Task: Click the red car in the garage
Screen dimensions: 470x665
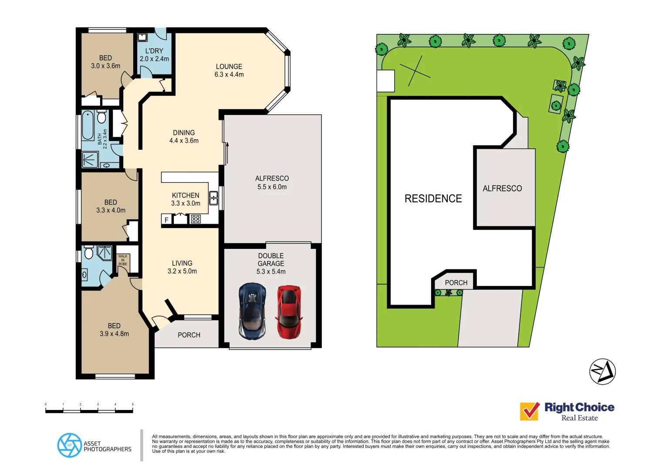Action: point(289,312)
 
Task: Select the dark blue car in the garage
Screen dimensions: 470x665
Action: point(252,311)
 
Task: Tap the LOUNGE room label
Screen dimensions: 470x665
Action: point(229,67)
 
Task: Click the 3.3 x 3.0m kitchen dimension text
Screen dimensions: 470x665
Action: point(186,203)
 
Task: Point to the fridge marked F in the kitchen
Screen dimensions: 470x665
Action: point(166,220)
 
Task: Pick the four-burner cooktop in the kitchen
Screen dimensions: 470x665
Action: point(196,219)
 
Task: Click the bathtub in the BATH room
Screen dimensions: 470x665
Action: point(88,125)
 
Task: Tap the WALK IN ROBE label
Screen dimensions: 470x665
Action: point(123,260)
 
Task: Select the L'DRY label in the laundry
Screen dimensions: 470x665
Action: point(154,51)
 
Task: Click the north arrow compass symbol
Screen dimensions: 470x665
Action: point(602,372)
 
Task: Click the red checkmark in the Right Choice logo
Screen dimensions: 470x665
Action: point(530,411)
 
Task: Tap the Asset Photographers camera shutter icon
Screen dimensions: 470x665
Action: point(70,445)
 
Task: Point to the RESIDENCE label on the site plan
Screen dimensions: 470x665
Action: point(433,199)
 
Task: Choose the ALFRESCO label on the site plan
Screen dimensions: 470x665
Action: point(502,188)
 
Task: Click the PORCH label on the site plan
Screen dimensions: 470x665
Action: point(456,283)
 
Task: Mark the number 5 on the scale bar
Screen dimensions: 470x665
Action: point(133,404)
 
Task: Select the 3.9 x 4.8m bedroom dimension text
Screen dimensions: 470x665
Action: point(114,334)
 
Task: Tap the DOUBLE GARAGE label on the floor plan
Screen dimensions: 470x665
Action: point(271,260)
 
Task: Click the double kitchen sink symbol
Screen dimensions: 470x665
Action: point(213,198)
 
